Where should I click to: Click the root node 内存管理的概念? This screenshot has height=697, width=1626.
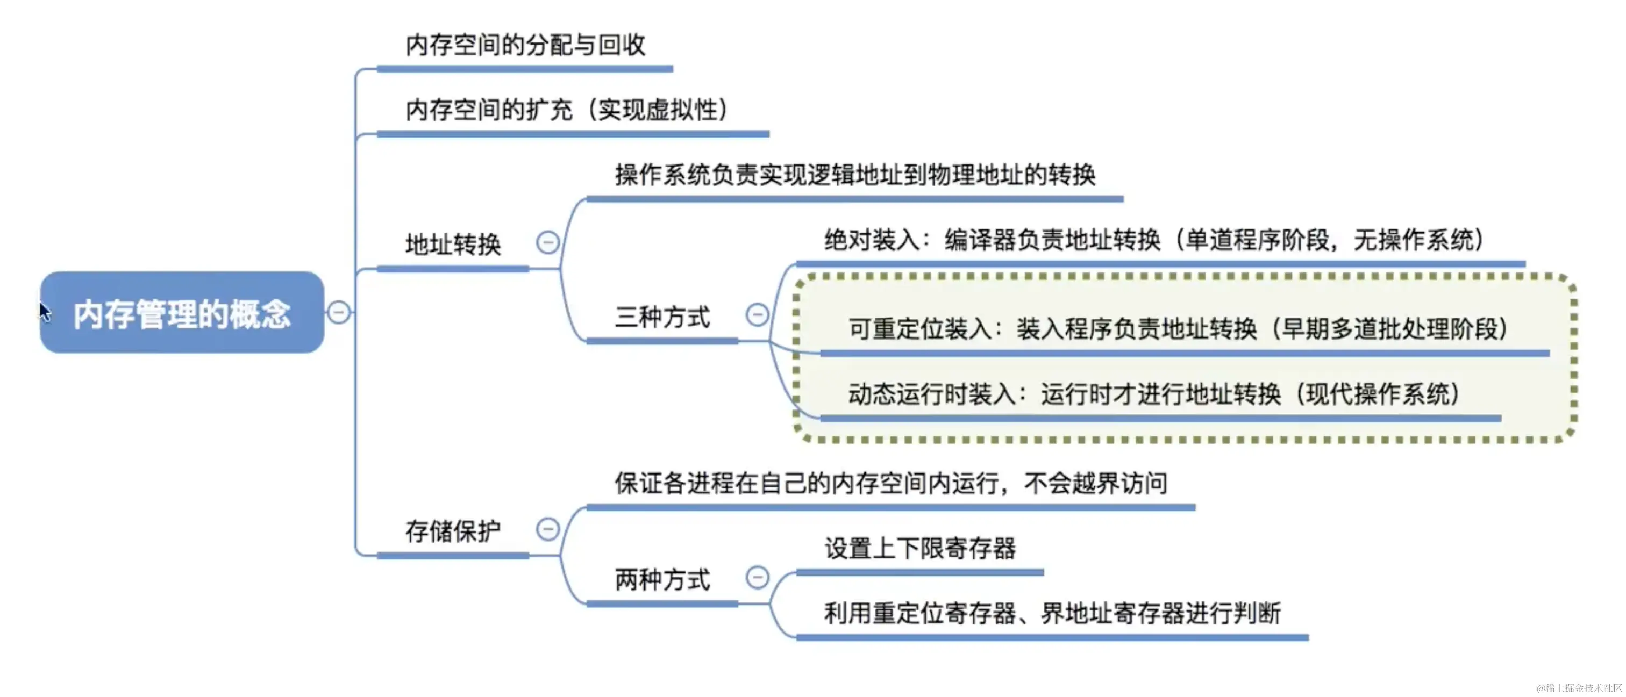[x=182, y=313]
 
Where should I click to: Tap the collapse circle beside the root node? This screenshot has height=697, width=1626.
[x=339, y=312]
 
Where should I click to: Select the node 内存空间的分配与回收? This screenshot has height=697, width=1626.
[x=525, y=45]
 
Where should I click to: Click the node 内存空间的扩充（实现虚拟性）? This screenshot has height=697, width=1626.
[x=566, y=110]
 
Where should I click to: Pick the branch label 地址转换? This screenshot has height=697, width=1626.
[x=453, y=244]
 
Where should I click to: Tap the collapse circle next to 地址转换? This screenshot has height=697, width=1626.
[x=547, y=243]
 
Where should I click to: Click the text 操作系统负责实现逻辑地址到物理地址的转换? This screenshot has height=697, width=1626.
[x=854, y=175]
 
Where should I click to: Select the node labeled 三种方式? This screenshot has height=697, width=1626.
[x=662, y=317]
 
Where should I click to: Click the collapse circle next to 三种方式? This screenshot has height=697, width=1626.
[x=757, y=314]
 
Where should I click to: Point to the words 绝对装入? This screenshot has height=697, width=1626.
[x=871, y=240]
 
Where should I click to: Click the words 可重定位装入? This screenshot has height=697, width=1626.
[x=919, y=329]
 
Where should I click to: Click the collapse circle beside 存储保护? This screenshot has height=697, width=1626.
[x=547, y=529]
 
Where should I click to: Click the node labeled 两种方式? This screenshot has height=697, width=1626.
[x=662, y=579]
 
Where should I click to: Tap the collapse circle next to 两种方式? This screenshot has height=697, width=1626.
[x=757, y=577]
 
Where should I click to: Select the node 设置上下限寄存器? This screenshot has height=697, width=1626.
[x=919, y=548]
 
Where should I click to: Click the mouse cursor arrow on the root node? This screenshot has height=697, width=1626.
[x=44, y=311]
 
